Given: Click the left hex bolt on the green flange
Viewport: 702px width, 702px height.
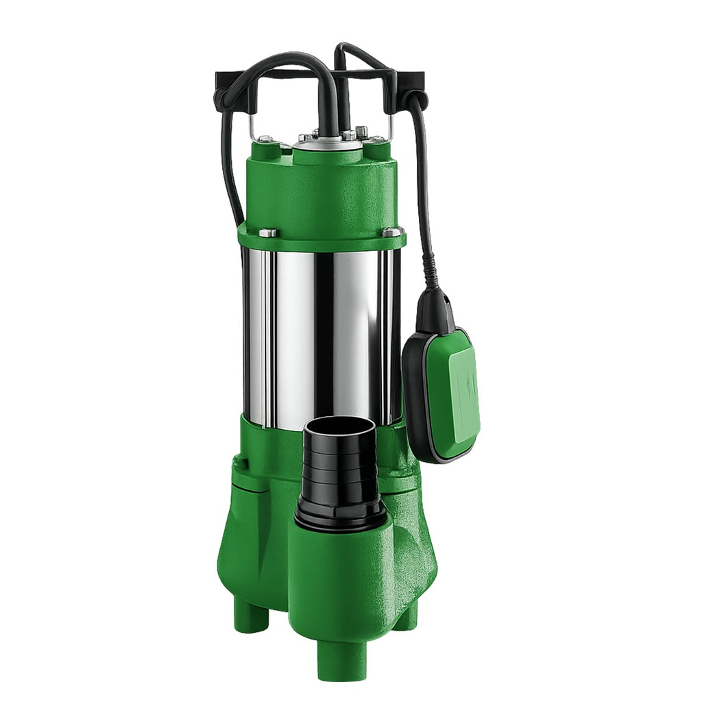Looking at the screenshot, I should (x=267, y=232).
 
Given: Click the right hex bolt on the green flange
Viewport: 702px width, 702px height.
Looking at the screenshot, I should (x=392, y=232).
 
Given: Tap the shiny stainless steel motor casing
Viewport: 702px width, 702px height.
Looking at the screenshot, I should (x=322, y=329).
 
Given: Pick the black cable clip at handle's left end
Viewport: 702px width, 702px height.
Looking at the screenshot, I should (x=230, y=93).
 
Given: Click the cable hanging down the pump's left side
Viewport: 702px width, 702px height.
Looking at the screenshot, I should (x=228, y=171).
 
